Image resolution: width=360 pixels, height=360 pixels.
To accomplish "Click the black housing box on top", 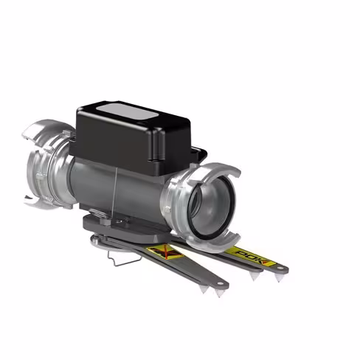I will point(136,140).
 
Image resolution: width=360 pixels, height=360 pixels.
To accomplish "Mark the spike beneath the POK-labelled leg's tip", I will point(278,278).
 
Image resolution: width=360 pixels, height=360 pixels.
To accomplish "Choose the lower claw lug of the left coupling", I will point(33,198).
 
